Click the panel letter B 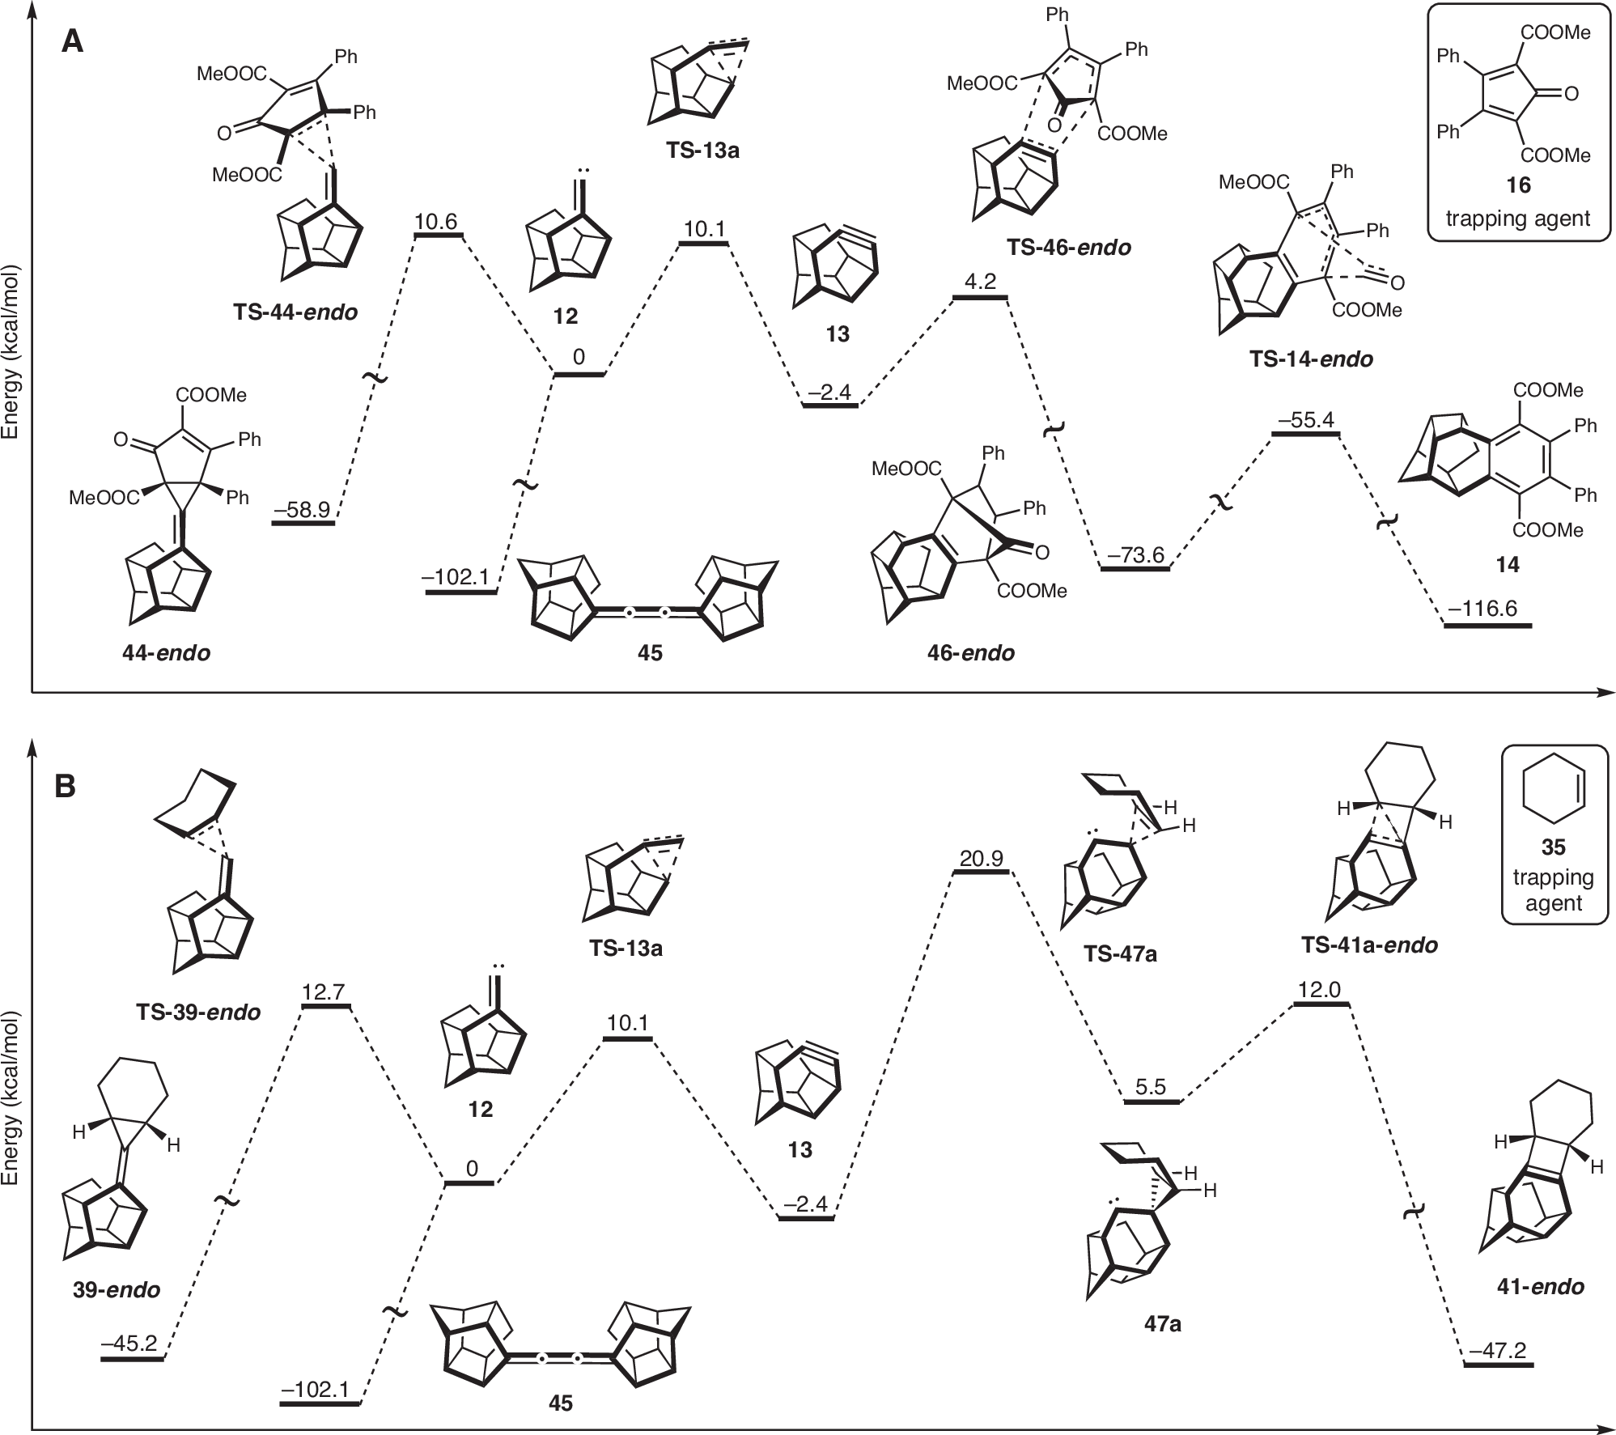pos(65,786)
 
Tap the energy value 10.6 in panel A pos(436,222)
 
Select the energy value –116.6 pos(1487,609)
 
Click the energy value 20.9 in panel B pos(982,858)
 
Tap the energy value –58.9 pos(302,509)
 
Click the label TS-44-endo pos(295,312)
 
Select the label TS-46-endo pos(1068,247)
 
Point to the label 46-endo pos(971,652)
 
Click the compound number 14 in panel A pos(1508,565)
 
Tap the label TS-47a pos(1120,954)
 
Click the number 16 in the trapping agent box pos(1518,185)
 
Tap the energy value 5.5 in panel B pos(1150,1087)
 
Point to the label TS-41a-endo pos(1369,945)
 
